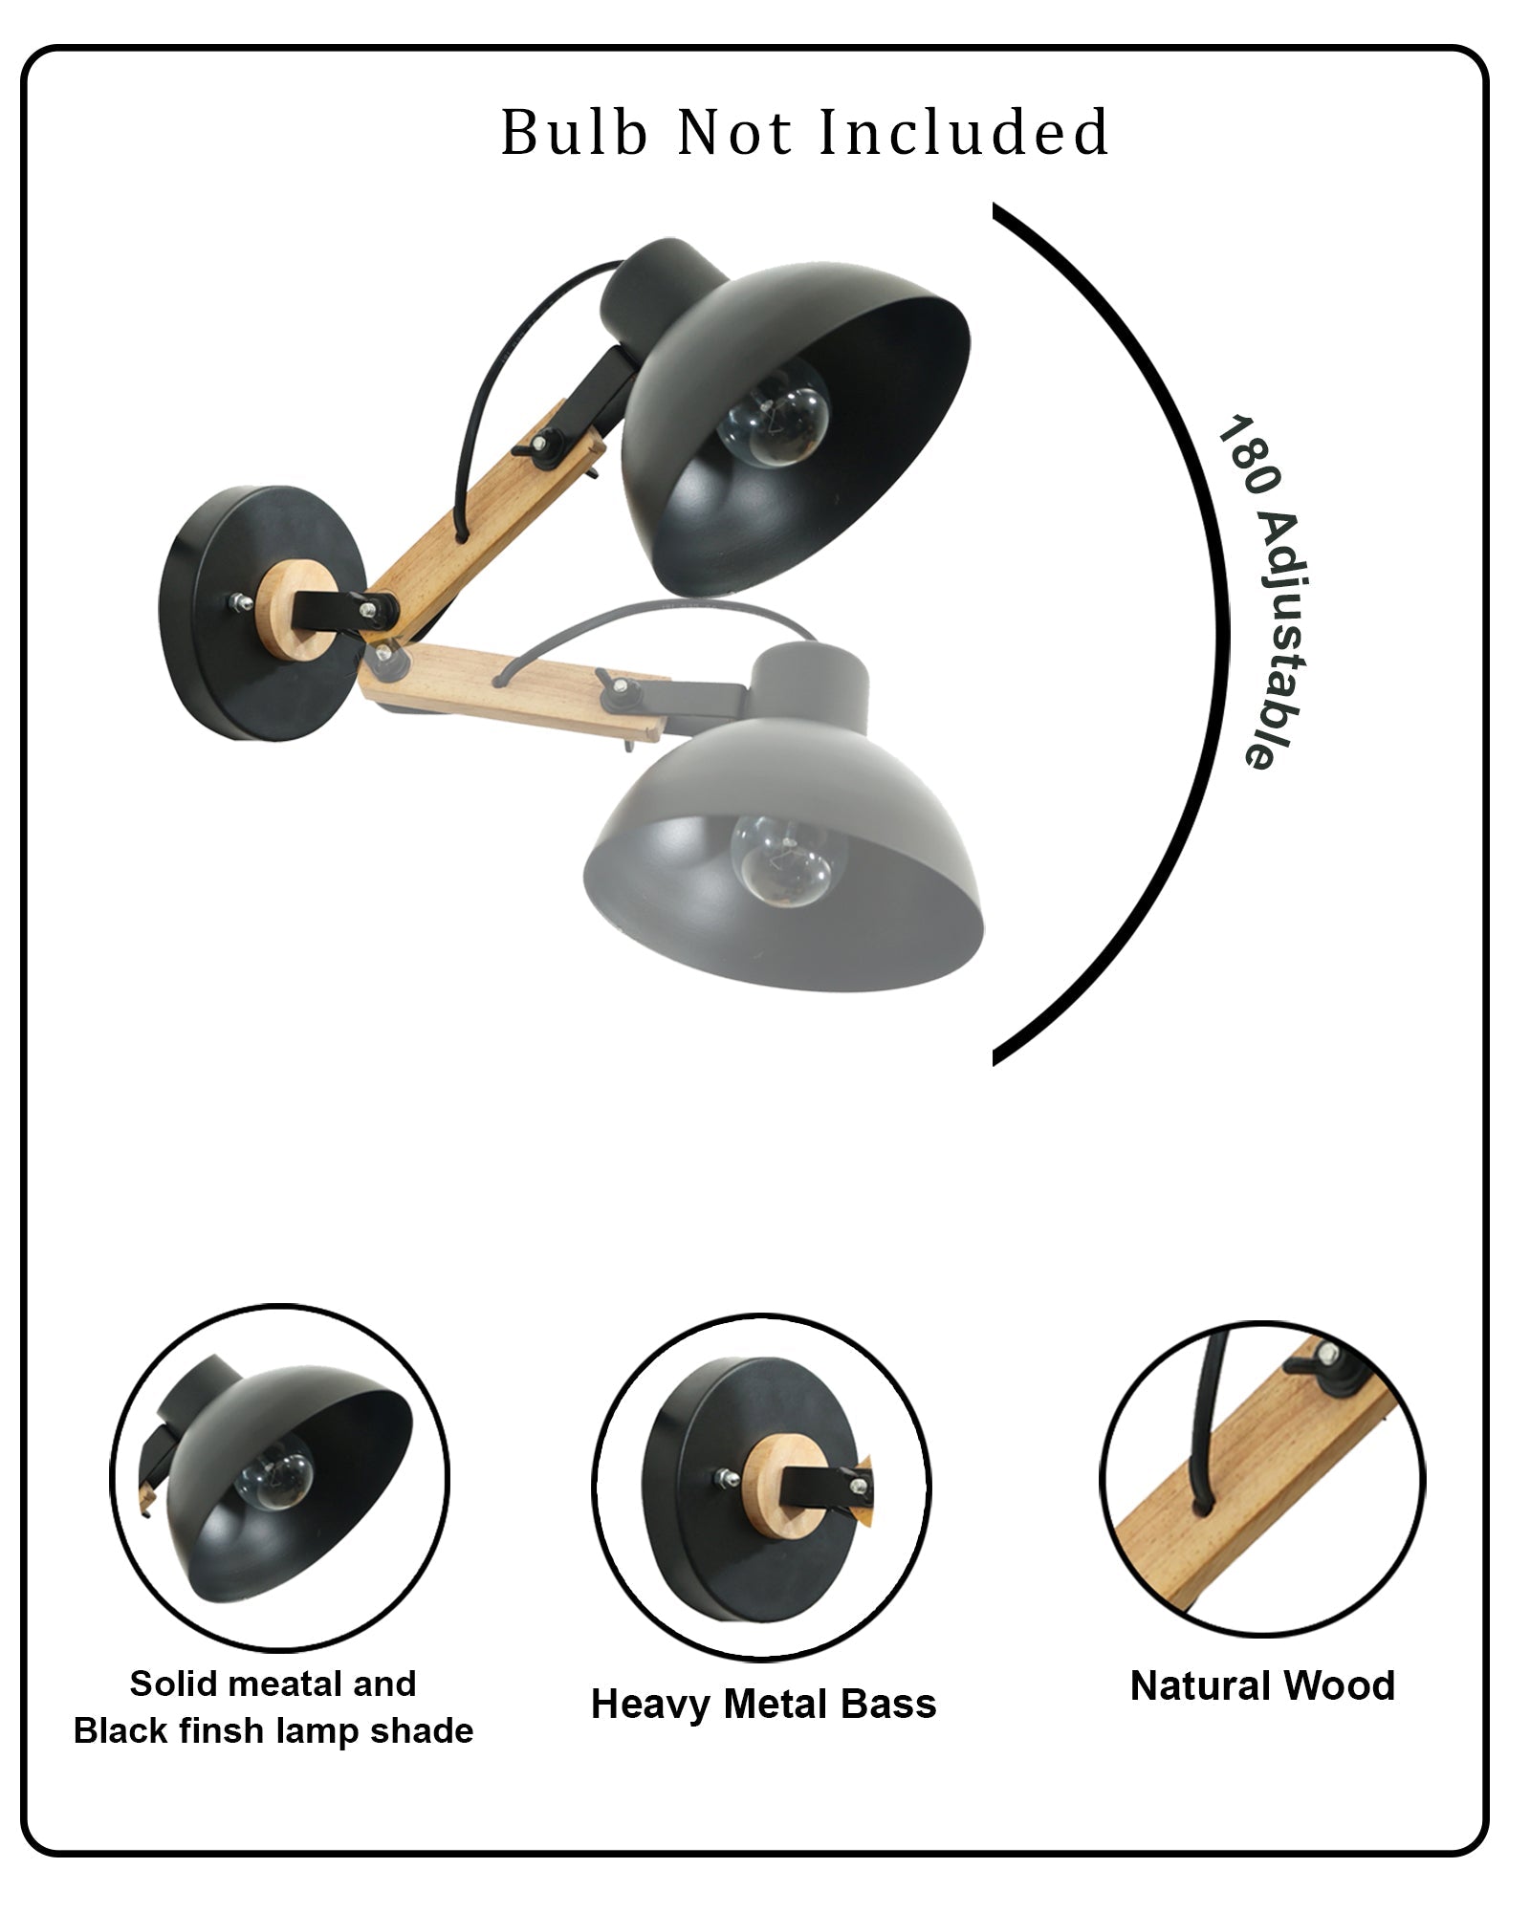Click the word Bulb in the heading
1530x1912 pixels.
coord(574,132)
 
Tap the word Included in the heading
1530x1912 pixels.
coord(964,132)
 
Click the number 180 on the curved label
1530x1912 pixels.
coord(1246,457)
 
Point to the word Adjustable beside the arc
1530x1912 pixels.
coord(1280,639)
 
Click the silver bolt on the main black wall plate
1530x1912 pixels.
coord(235,603)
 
